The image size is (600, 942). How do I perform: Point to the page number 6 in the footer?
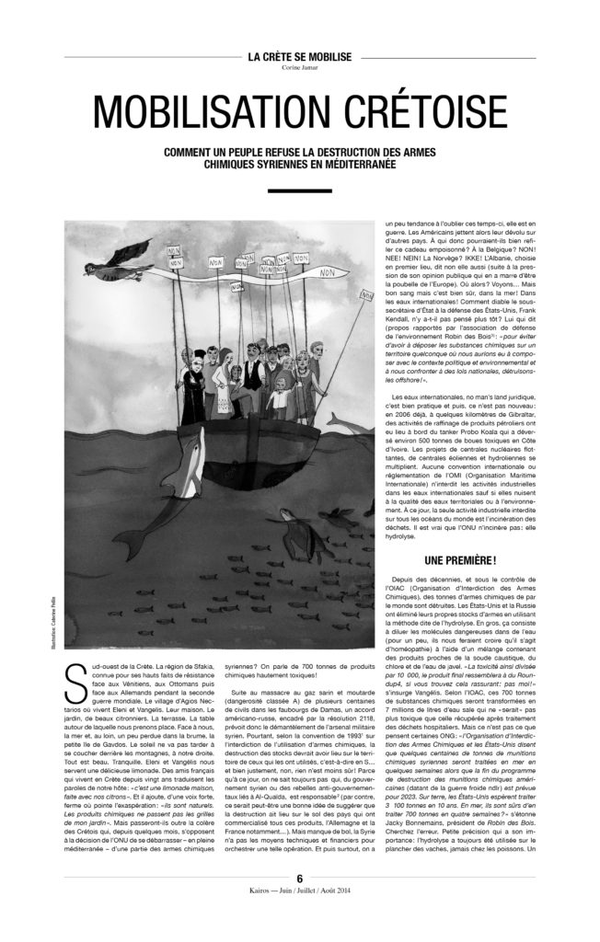[x=300, y=906]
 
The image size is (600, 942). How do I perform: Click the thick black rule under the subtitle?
[x=300, y=190]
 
